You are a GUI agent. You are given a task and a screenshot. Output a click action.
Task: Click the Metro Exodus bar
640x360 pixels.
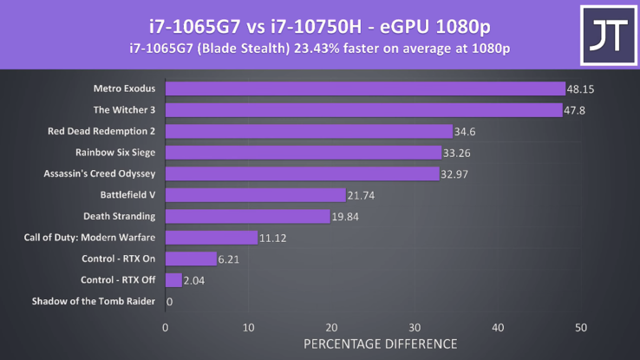pos(364,88)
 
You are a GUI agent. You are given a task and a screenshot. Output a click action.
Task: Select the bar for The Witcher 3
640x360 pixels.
pos(363,110)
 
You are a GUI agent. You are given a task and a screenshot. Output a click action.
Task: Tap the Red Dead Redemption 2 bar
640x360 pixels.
pos(308,132)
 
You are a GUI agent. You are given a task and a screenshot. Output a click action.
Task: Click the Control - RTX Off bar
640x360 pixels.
pos(173,280)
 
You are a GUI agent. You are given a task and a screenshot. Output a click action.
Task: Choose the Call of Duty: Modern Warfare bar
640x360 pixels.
pos(211,238)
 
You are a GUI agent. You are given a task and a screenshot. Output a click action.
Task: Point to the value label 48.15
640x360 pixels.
pos(580,89)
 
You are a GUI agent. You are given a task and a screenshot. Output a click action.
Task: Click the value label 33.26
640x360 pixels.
pos(457,154)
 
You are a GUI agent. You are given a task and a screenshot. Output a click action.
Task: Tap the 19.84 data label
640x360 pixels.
pos(345,217)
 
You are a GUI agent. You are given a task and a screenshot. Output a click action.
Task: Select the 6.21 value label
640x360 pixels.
pos(230,259)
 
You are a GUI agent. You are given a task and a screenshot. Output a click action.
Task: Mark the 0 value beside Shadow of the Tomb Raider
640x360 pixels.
pos(169,302)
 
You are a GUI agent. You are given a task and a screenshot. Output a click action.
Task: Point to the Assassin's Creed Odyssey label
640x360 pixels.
pos(99,173)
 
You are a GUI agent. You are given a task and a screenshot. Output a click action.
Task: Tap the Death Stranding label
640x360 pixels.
pos(119,216)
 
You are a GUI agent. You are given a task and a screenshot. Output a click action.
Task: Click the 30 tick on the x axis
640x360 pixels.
pos(415,327)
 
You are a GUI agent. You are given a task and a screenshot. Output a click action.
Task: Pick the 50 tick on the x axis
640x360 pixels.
pos(581,327)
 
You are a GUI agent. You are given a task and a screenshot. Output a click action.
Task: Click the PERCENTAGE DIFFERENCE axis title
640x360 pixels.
pos(380,344)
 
